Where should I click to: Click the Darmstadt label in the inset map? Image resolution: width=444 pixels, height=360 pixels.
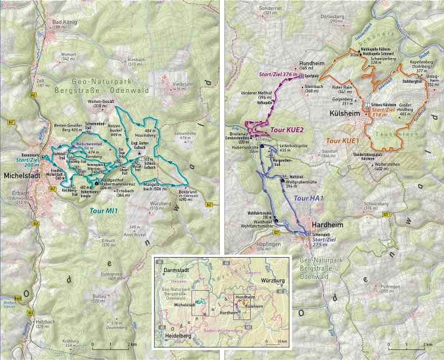click(176, 270)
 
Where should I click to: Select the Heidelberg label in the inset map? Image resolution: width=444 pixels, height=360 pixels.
click(176, 336)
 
